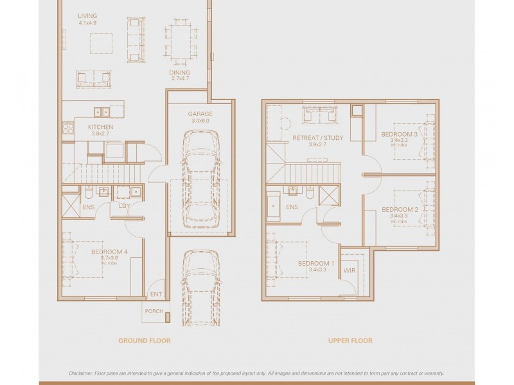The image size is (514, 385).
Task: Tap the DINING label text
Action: point(179,73)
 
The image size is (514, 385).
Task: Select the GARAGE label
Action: point(200,114)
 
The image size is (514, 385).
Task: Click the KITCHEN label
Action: point(100,127)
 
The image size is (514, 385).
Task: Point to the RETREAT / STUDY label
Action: point(317,138)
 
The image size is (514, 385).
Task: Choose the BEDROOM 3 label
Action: point(399,135)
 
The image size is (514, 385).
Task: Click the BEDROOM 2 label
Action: point(400,210)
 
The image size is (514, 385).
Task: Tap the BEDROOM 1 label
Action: point(316,264)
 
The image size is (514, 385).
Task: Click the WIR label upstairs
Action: point(350,271)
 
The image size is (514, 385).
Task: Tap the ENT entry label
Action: point(155,295)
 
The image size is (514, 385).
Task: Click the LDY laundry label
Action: point(125,206)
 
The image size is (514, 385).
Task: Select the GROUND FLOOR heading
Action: point(145,341)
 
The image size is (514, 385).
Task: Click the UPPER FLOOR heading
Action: point(350,341)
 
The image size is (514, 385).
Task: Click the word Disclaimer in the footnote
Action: point(83,373)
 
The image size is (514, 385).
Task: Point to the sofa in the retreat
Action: point(319,116)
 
